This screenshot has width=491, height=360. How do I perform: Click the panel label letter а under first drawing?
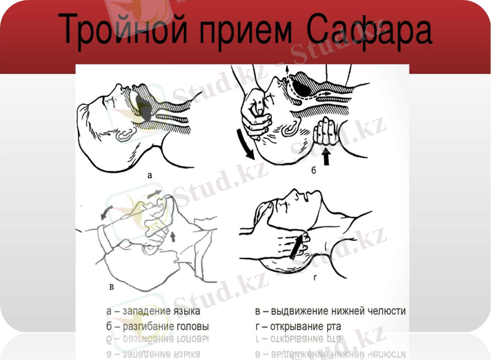pyautogui.click(x=149, y=175)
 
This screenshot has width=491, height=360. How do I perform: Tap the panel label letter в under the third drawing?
pyautogui.click(x=110, y=286)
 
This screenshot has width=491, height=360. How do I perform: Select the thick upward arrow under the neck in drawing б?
pyautogui.click(x=327, y=157)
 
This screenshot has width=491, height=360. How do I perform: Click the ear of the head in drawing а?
pyautogui.click(x=124, y=131)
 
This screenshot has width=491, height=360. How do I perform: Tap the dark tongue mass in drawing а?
pyautogui.click(x=147, y=108)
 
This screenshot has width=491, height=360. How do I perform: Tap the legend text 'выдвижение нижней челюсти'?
pyautogui.click(x=338, y=312)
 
